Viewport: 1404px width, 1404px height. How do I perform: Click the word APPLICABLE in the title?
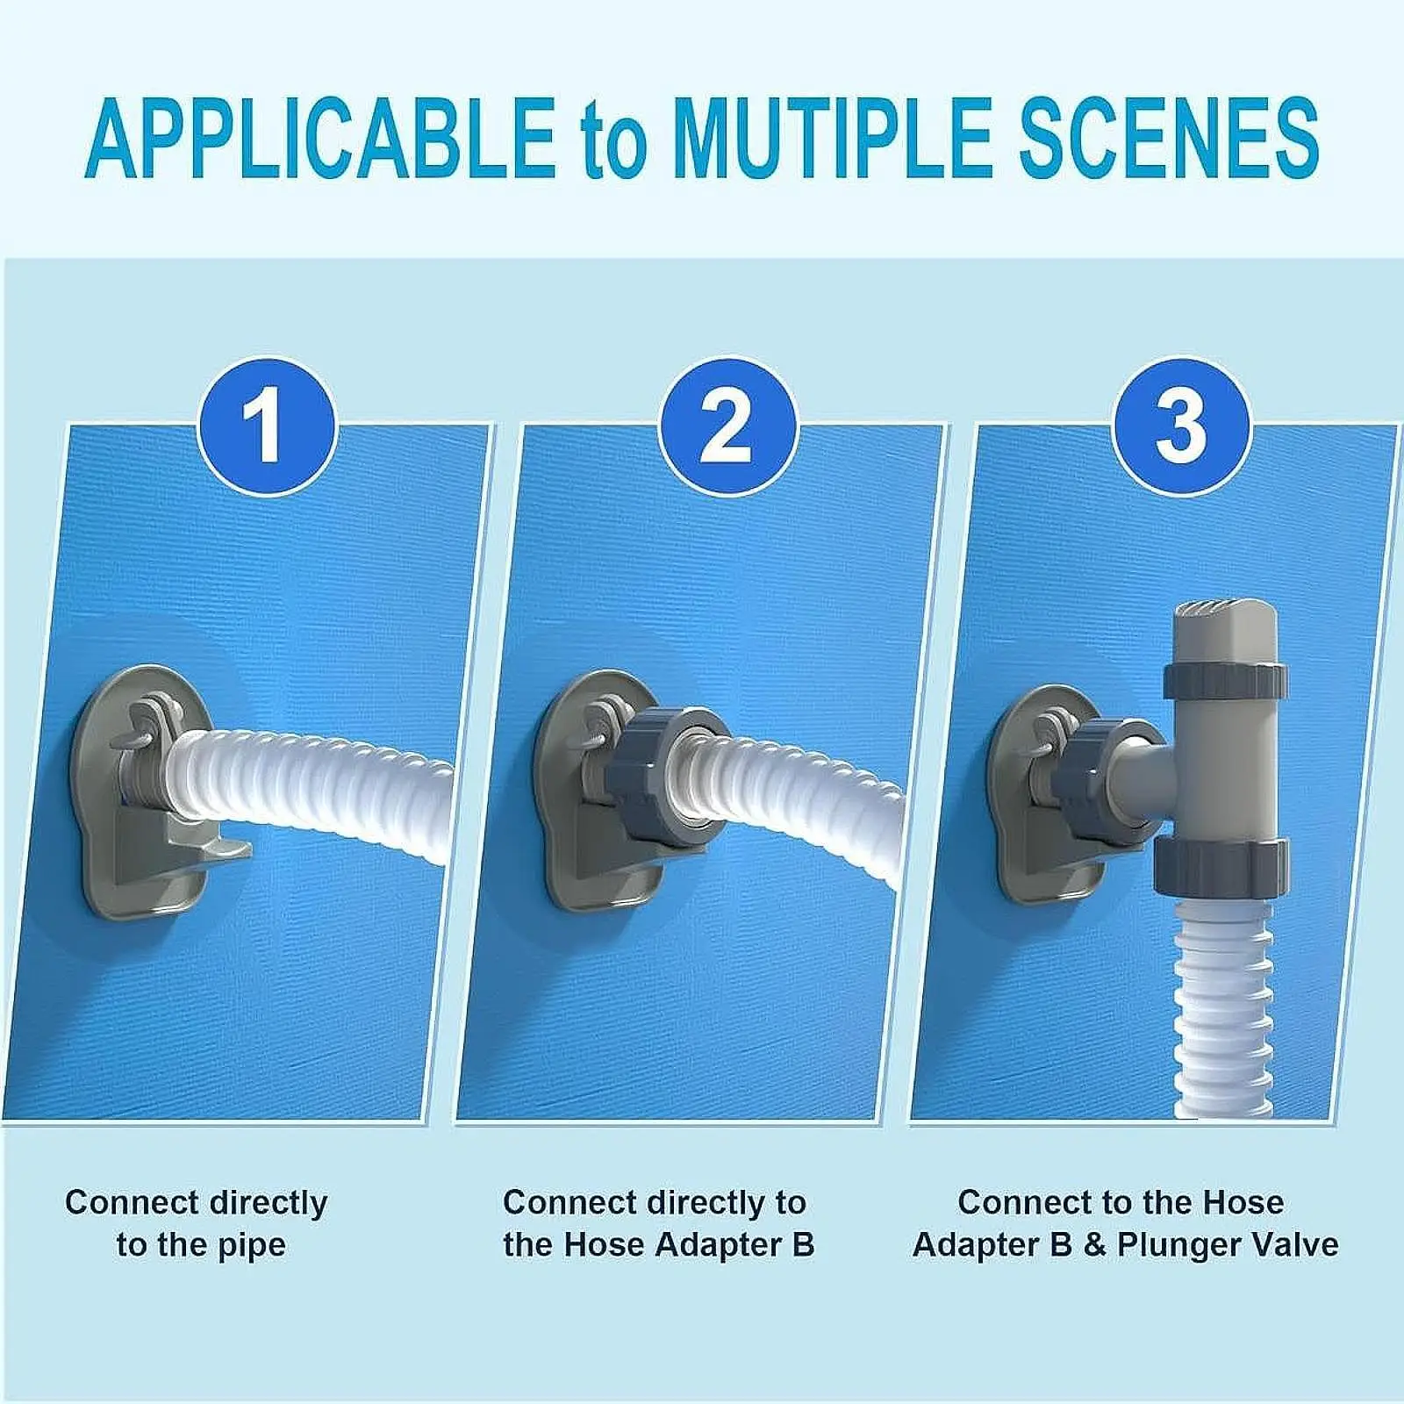[320, 139]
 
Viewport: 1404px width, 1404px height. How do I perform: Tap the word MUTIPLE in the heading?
[830, 139]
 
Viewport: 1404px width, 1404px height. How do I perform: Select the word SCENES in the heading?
[1168, 139]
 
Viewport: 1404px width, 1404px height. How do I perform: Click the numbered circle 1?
[266, 427]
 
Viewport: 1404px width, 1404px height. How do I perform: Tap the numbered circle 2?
[727, 427]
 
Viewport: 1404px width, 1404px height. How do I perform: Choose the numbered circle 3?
[1181, 427]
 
